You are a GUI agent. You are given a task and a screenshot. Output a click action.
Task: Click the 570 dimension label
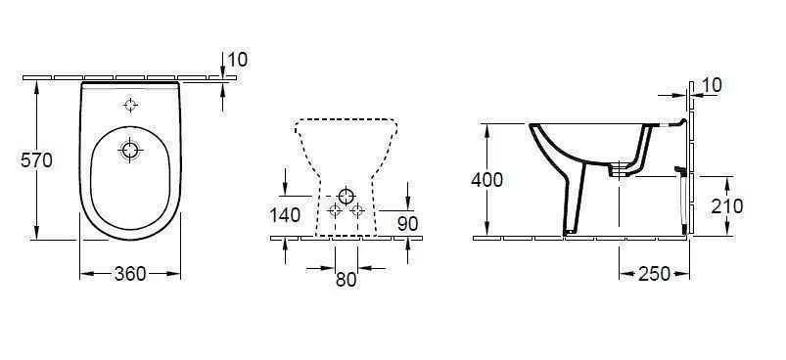36,160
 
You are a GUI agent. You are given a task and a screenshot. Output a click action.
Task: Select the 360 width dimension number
130,274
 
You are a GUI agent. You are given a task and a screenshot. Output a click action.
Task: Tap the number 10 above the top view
238,60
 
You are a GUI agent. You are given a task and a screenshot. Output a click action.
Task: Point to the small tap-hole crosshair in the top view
130,105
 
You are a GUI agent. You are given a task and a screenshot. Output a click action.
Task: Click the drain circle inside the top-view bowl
130,150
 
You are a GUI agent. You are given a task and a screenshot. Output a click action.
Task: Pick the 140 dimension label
285,215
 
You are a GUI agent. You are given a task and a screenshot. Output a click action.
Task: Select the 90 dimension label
407,224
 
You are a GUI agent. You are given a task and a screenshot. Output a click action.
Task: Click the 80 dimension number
346,280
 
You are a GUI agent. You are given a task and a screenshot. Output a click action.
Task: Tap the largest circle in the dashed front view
347,197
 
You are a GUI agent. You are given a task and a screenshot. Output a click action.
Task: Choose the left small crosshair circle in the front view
335,210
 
